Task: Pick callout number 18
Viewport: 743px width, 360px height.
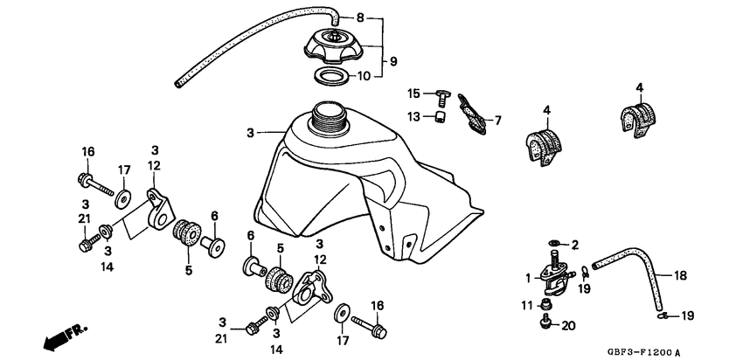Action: [x=680, y=275]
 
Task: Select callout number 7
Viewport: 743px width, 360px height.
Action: [x=499, y=121]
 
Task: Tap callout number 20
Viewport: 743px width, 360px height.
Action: [x=569, y=325]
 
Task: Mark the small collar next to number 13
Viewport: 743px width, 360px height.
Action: [x=442, y=117]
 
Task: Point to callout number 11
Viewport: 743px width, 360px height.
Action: [x=526, y=305]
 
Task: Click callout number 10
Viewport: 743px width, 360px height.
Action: [x=388, y=76]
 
